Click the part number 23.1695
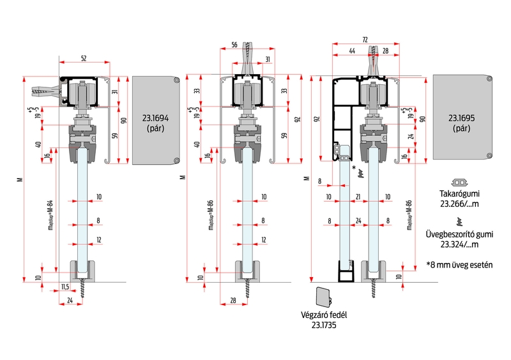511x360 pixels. pos(461,118)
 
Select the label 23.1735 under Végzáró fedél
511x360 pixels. pos(324,326)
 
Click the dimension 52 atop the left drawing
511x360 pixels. pos(84,58)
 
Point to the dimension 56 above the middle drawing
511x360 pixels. pos(234,45)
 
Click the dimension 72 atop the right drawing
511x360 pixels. pos(365,40)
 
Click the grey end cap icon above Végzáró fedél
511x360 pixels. pos(323,297)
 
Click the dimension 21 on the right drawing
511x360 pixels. pos(359,197)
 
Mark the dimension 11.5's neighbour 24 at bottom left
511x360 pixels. pos(70,299)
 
